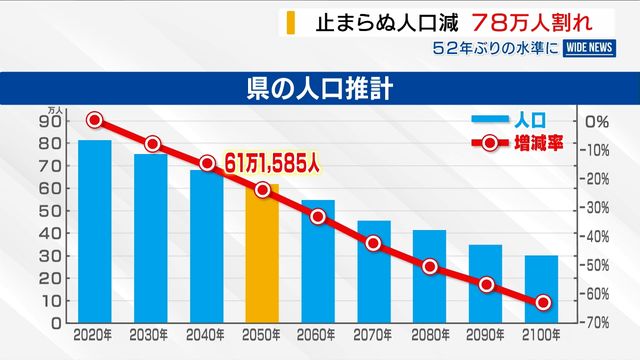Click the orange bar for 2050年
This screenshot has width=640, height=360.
click(262, 254)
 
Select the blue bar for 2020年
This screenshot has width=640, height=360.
click(95, 231)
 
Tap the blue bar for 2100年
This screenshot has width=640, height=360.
click(542, 289)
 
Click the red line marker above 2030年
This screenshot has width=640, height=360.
click(152, 144)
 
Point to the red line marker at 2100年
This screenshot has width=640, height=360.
click(543, 302)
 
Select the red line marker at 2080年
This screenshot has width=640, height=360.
click(430, 267)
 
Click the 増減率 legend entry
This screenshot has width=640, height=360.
click(518, 144)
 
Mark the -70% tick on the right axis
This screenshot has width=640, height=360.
click(594, 323)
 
